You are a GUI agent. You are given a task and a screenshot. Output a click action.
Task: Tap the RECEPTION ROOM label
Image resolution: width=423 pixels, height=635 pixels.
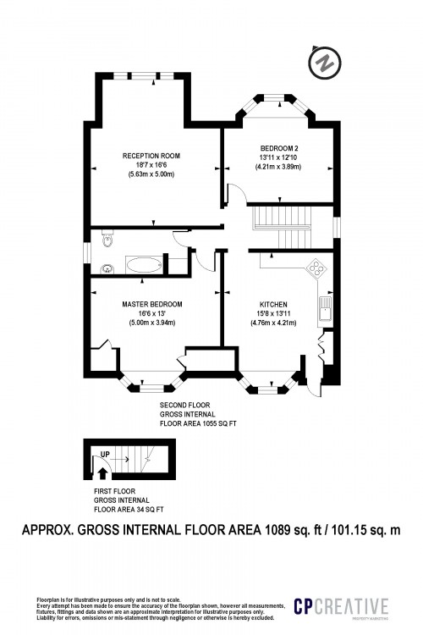(x=151, y=157)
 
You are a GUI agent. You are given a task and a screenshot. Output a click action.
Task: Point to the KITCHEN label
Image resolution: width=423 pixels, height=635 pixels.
(x=273, y=304)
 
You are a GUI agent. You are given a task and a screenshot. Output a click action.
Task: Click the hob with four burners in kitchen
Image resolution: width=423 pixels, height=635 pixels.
(x=317, y=268)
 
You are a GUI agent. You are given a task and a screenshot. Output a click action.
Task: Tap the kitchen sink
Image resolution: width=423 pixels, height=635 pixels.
(x=324, y=310)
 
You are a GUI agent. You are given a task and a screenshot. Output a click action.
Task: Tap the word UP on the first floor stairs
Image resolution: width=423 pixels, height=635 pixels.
(x=105, y=455)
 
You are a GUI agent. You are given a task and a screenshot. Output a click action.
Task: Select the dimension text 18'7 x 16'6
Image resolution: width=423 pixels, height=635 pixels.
(x=151, y=165)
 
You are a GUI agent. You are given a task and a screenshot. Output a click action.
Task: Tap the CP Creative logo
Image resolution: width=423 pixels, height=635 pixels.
(x=340, y=607)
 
